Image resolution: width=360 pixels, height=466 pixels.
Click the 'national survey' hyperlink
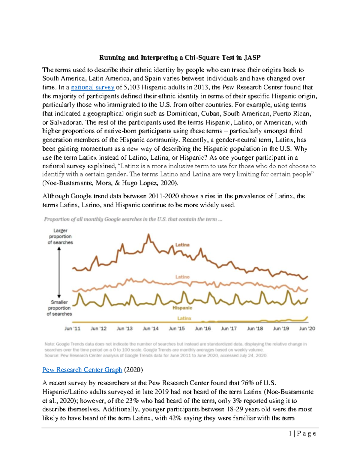coord(93,88)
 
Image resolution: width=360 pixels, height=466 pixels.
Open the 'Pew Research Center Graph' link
coord(82,370)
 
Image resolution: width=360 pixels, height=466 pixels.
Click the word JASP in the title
coord(252,58)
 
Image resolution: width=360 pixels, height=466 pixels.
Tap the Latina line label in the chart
coord(182,245)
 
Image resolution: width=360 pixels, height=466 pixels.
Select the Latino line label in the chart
coord(182,277)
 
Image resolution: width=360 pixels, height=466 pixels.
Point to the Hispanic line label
coord(182,308)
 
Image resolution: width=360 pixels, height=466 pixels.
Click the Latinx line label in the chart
coord(184,318)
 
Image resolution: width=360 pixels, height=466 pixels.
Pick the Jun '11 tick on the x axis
coord(72,329)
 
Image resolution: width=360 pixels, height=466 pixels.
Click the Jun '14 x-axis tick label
coord(151,329)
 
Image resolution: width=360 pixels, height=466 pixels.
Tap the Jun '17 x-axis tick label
coord(229,329)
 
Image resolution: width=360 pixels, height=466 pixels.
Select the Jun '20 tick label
coord(307,329)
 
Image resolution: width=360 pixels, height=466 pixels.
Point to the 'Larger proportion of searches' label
coord(60,236)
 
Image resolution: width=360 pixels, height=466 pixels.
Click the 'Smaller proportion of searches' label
coord(59,308)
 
